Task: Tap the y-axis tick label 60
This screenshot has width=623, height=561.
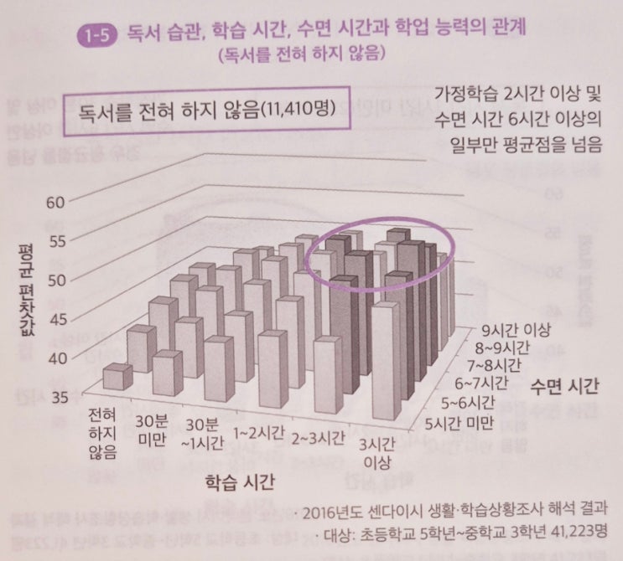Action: pos(56,202)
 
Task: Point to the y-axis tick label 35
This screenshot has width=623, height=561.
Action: pos(56,396)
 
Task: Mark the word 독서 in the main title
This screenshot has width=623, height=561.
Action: pos(145,33)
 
